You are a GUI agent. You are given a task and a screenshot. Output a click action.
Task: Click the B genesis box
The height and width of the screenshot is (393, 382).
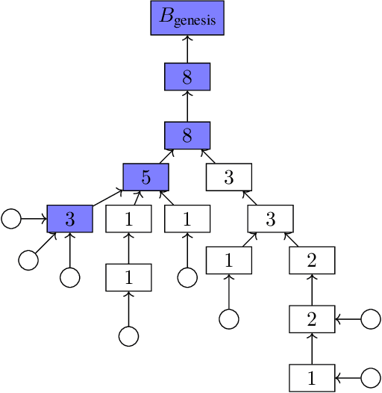click(x=187, y=19)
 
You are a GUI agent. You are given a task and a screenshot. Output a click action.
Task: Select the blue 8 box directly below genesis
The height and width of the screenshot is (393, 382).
click(x=187, y=77)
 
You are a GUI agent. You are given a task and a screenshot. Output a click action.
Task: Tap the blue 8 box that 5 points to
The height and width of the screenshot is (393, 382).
click(x=187, y=135)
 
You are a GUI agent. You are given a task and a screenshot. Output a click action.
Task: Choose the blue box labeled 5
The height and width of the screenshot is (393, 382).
click(x=145, y=177)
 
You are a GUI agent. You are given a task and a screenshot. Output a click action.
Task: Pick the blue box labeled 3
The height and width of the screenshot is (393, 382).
click(x=69, y=219)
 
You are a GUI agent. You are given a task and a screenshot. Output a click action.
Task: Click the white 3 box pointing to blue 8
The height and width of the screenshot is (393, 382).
click(x=229, y=177)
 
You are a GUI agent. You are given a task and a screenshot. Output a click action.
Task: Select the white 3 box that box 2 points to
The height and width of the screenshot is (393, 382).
click(x=271, y=219)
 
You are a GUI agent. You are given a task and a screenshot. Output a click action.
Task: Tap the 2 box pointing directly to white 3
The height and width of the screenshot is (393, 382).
click(x=312, y=261)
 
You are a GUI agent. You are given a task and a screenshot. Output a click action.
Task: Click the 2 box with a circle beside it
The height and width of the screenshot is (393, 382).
click(x=312, y=319)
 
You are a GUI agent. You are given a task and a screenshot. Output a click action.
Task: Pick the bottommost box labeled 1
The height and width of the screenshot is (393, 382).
click(x=312, y=377)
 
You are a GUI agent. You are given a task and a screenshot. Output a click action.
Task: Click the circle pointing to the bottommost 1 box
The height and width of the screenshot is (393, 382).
click(x=371, y=377)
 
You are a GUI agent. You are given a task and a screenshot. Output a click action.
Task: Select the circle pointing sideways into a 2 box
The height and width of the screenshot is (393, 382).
click(x=371, y=319)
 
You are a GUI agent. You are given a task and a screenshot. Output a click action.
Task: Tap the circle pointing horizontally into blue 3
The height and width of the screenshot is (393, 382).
click(x=10, y=219)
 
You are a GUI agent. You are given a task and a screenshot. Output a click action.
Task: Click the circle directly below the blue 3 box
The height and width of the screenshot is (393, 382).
click(x=69, y=277)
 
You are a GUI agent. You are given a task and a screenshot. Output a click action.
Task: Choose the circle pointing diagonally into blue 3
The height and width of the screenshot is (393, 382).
click(x=28, y=260)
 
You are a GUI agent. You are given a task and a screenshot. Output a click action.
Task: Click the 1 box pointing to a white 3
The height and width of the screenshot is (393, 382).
click(x=229, y=261)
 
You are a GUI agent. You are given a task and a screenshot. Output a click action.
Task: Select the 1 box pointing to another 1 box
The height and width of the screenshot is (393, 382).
click(x=128, y=277)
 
